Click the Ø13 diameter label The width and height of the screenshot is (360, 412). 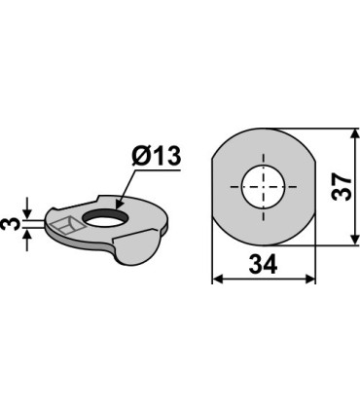click(156, 157)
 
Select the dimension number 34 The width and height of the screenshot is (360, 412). click(263, 264)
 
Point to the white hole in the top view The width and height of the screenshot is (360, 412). click(263, 187)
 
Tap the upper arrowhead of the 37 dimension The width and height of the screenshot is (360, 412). click(355, 134)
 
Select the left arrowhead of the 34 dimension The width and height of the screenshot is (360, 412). click(218, 279)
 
